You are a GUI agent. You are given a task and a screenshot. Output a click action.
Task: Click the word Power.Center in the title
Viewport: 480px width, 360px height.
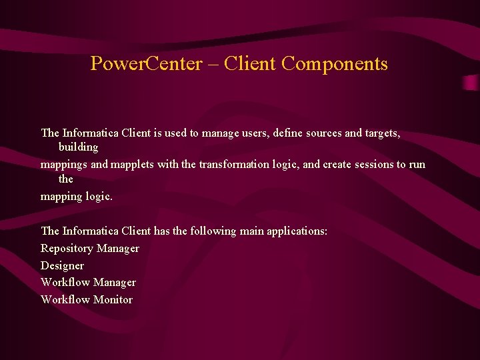coord(145,64)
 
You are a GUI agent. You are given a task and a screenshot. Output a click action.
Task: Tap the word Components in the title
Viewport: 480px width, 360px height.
coord(335,64)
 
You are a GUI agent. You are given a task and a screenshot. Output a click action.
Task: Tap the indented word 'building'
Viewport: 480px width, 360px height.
coord(78,147)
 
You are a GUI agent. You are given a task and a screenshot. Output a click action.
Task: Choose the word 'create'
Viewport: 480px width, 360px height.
coord(339,165)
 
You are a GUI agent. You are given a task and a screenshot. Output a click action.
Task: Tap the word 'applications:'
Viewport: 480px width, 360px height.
coord(297,231)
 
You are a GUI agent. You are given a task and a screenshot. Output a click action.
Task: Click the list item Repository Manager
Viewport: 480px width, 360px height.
coord(90,249)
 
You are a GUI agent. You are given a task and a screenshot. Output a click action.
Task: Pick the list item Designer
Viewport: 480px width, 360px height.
coord(62,266)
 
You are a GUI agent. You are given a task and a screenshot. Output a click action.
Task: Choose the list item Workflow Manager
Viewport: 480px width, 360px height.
coord(88,283)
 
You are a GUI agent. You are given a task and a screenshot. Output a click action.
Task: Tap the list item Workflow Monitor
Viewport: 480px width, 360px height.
coord(87,300)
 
